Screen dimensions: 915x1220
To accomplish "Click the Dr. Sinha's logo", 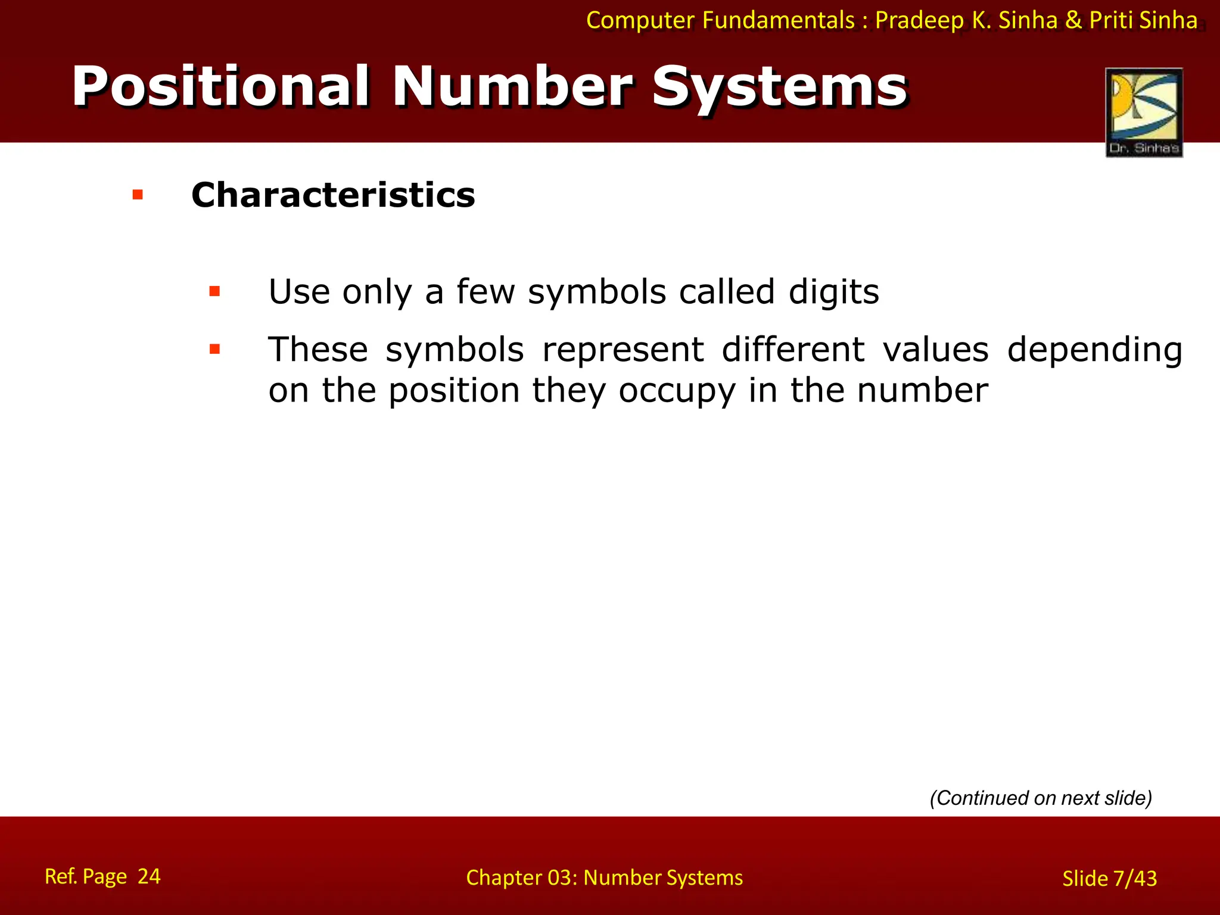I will click(x=1144, y=113).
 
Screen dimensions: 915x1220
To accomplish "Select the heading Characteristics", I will click(x=333, y=195).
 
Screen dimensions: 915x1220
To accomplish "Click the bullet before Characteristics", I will click(x=138, y=195).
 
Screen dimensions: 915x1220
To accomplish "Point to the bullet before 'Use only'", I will click(x=214, y=292).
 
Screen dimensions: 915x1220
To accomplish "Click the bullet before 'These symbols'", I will click(x=214, y=349).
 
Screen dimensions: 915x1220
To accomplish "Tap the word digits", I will click(x=833, y=292).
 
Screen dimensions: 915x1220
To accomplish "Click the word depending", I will click(x=1094, y=350).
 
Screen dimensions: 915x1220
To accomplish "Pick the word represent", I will click(x=623, y=350).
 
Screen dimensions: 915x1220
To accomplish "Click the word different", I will click(x=793, y=350).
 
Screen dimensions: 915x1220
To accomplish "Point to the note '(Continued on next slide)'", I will click(x=1041, y=798).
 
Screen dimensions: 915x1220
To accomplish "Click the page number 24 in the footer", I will click(x=149, y=876).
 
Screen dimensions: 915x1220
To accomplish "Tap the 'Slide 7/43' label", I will click(x=1109, y=879).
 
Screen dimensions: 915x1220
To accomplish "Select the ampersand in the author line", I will click(x=1073, y=20).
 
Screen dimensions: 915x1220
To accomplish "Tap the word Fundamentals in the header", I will click(x=779, y=20).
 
